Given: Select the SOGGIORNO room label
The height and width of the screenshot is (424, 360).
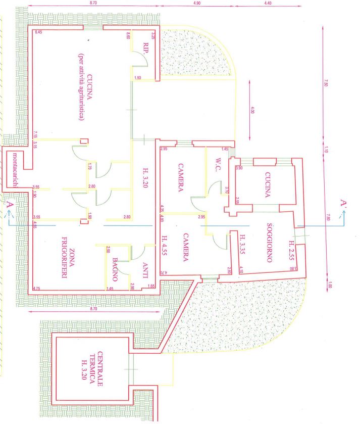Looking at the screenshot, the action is [x=270, y=243].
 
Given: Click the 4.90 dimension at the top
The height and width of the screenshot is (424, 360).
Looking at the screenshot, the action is [x=197, y=3].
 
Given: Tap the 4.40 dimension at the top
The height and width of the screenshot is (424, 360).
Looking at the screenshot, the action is [x=268, y=3].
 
